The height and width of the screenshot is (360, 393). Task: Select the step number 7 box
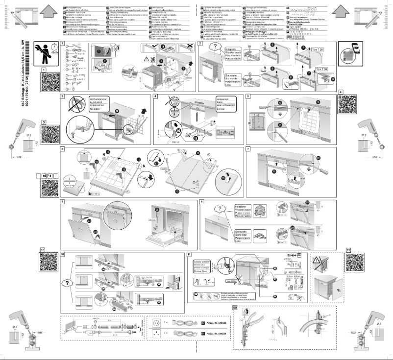(x=249, y=148)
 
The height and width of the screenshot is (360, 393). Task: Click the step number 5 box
(x=249, y=96)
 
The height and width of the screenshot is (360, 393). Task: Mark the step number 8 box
(x=63, y=201)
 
